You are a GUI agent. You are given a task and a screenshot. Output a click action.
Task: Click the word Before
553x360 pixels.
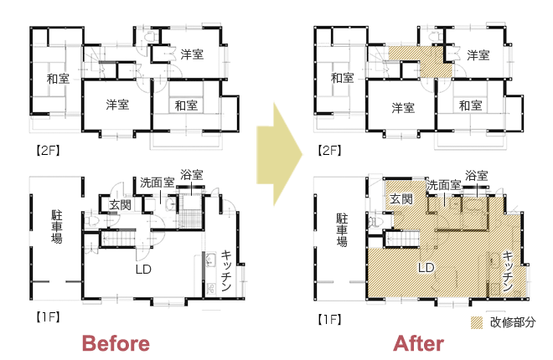[x=116, y=343]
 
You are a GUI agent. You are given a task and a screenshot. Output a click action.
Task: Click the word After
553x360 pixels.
[x=419, y=343]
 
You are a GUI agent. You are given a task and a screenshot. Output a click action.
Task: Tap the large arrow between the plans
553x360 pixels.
[x=279, y=154]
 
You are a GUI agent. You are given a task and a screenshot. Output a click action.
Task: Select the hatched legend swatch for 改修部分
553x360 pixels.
[x=477, y=322]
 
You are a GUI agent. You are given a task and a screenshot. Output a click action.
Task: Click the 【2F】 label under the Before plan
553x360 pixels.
[x=48, y=151]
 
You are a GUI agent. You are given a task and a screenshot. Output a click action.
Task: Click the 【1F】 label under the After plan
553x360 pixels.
[x=329, y=320]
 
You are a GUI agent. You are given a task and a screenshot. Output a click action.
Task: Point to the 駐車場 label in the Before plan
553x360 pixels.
[x=57, y=227]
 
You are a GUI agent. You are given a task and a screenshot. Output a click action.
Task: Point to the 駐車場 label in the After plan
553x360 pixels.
[x=341, y=229]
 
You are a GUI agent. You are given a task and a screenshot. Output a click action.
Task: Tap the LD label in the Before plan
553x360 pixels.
[x=143, y=270]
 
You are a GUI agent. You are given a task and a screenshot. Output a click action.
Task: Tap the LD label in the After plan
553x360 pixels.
[x=426, y=268]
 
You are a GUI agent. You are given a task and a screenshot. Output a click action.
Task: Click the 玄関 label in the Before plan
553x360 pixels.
[x=120, y=204]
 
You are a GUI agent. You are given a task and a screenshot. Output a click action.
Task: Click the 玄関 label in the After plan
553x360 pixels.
[x=401, y=199]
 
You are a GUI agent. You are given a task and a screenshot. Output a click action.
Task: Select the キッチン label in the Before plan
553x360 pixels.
[x=226, y=270]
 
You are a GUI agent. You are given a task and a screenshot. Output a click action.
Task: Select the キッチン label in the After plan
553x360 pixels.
[x=508, y=271]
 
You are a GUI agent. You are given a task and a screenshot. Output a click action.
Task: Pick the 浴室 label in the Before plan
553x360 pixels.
[x=192, y=175]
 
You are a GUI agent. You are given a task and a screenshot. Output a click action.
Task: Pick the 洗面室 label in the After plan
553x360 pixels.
[x=444, y=185]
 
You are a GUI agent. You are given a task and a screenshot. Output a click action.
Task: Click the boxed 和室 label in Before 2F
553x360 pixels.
[x=186, y=105]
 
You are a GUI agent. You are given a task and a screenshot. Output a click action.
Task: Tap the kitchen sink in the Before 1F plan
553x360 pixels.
[x=210, y=260]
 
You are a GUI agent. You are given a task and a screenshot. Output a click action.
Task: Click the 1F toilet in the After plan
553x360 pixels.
[x=374, y=222]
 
